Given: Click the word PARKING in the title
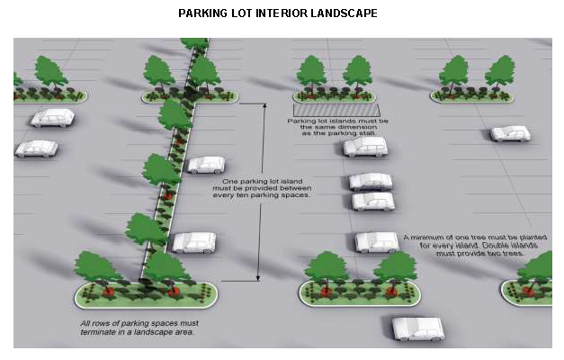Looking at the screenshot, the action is [202, 13].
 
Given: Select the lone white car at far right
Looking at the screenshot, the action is [510, 133].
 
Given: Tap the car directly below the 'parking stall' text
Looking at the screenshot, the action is [364, 147].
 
